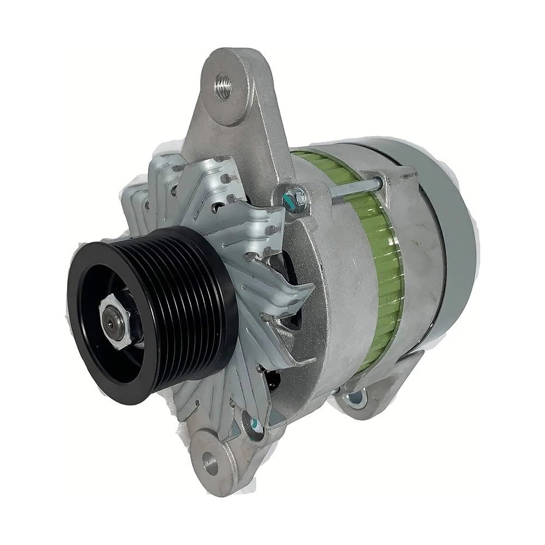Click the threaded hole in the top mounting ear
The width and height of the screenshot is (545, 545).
[223, 86]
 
